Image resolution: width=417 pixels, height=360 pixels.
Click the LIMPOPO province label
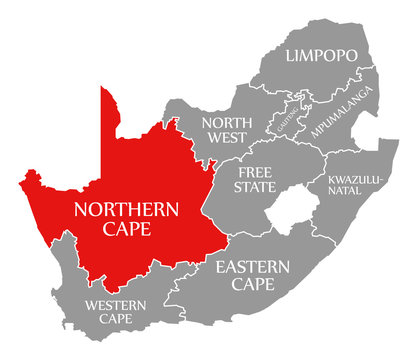tap(321, 56)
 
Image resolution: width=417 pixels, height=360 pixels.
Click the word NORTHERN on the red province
tap(125, 210)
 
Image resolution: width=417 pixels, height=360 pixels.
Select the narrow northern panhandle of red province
tap(108, 115)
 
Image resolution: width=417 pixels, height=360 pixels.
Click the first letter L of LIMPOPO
tap(290, 56)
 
